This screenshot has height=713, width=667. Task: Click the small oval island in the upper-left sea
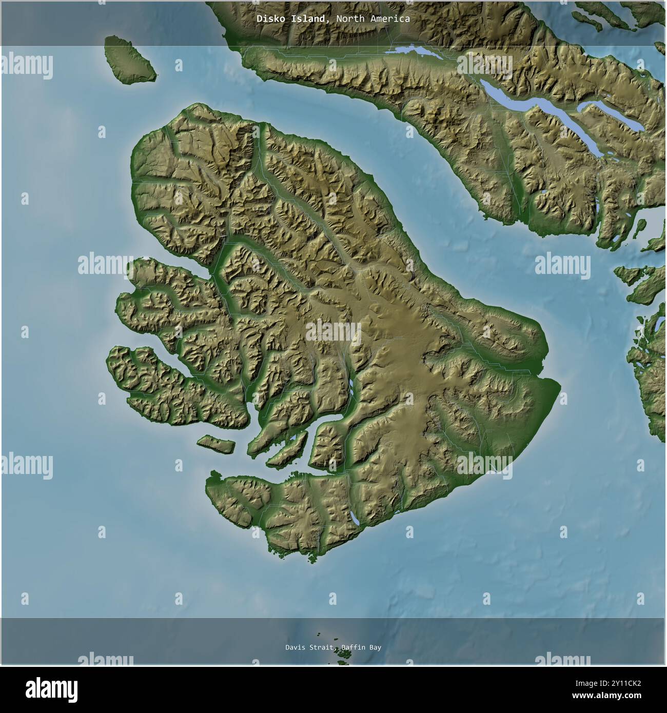130,57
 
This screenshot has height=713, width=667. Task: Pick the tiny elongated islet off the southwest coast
216,443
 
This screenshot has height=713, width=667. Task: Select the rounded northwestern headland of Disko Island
146,149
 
